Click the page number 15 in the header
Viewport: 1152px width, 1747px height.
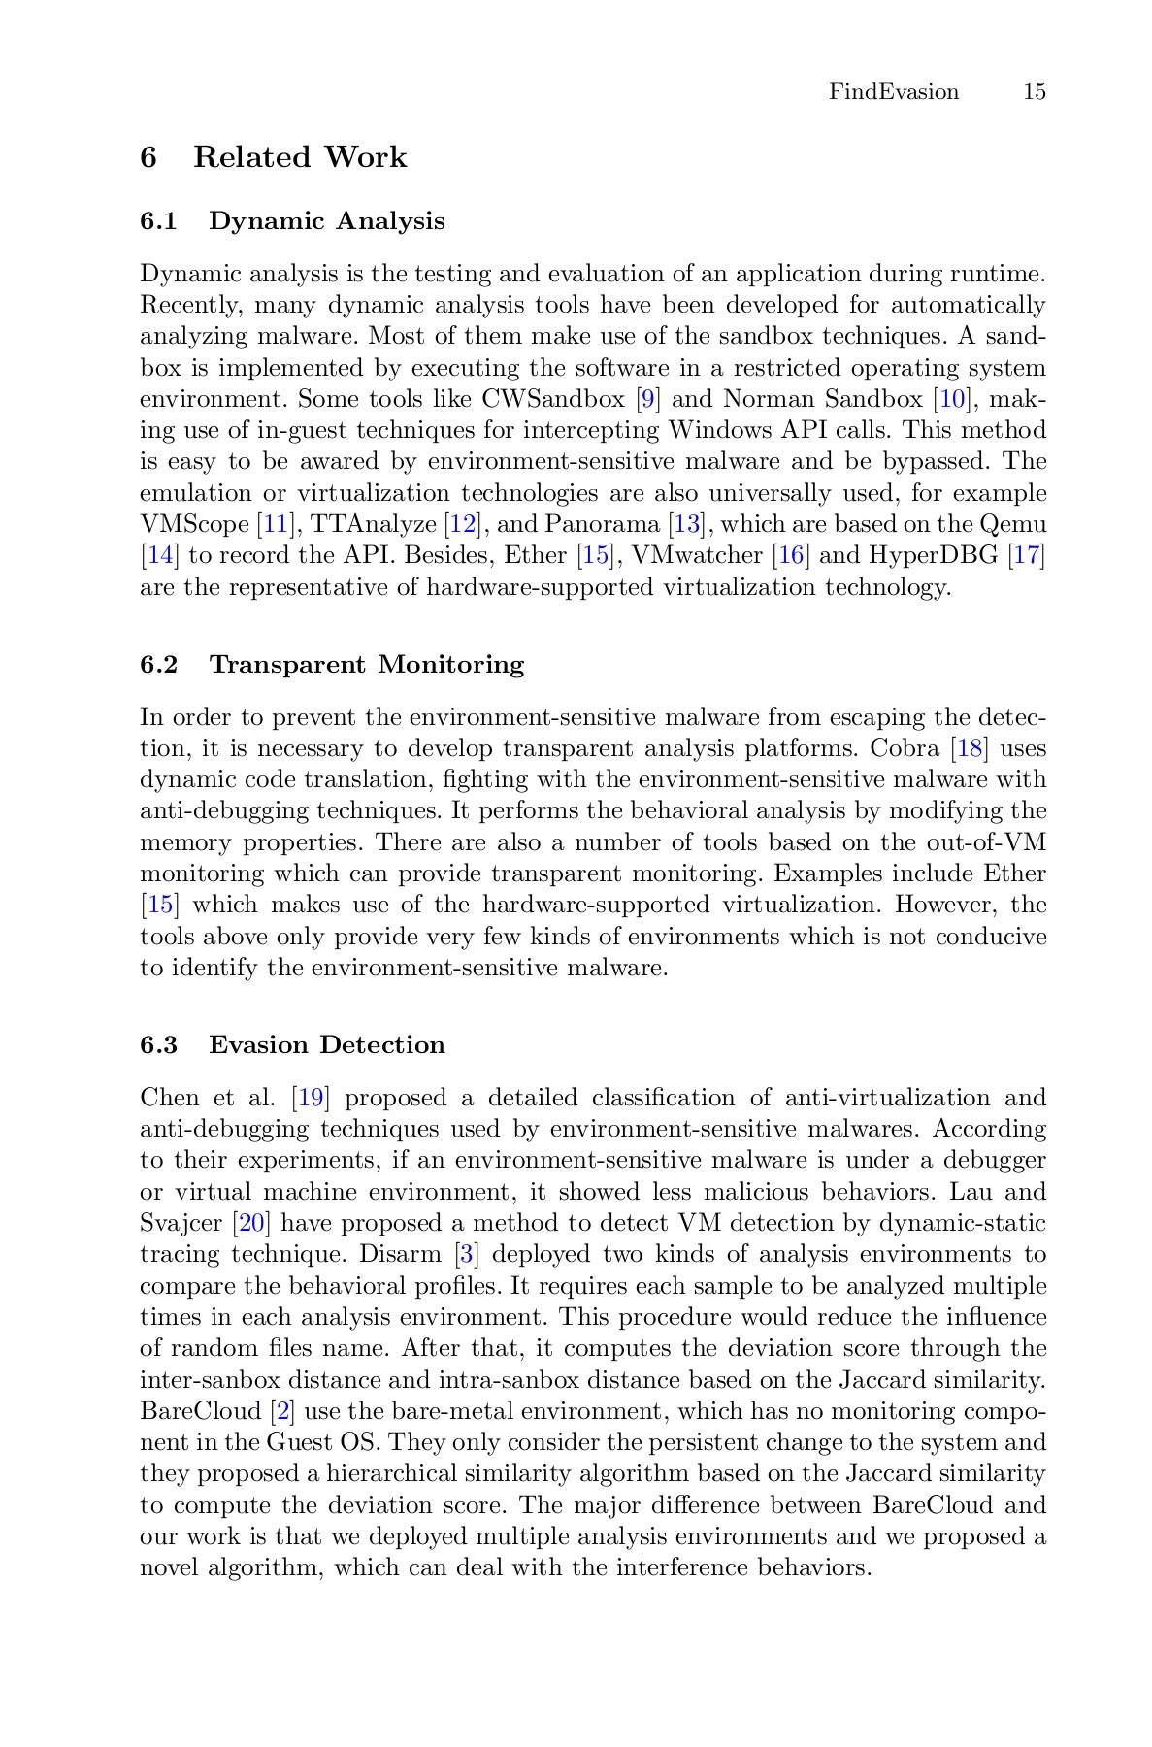(1034, 92)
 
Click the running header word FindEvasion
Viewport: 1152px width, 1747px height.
(893, 92)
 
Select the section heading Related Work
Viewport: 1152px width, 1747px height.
(299, 157)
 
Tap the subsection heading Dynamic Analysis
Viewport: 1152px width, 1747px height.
(327, 221)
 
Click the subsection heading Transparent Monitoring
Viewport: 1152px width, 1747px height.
(367, 665)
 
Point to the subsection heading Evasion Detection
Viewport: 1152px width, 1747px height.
(327, 1045)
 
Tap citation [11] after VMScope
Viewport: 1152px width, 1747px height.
(277, 525)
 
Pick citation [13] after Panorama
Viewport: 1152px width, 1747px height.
(687, 525)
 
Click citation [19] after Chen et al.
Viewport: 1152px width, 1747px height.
(311, 1099)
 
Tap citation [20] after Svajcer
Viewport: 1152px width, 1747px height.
(252, 1224)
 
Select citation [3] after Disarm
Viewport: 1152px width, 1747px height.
(467, 1255)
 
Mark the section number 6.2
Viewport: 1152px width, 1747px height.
(159, 665)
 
